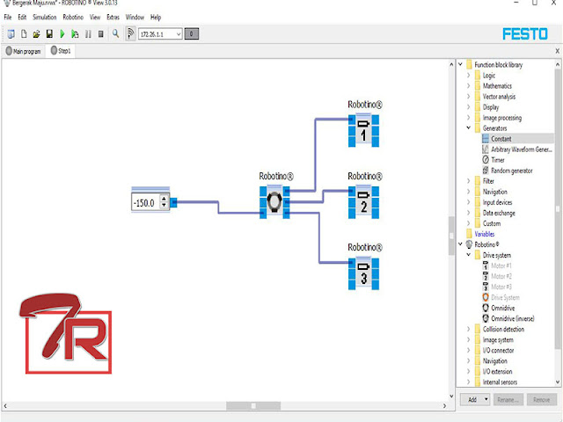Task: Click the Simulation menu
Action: coord(44,17)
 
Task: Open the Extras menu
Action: coord(113,17)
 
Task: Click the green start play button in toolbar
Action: coord(62,33)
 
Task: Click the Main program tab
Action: coord(26,51)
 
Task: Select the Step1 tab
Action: coord(61,51)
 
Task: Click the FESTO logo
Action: coord(526,33)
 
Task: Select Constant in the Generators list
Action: coord(501,139)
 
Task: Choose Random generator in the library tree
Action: coord(512,171)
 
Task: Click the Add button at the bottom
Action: coord(472,399)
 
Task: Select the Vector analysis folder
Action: coord(500,97)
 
